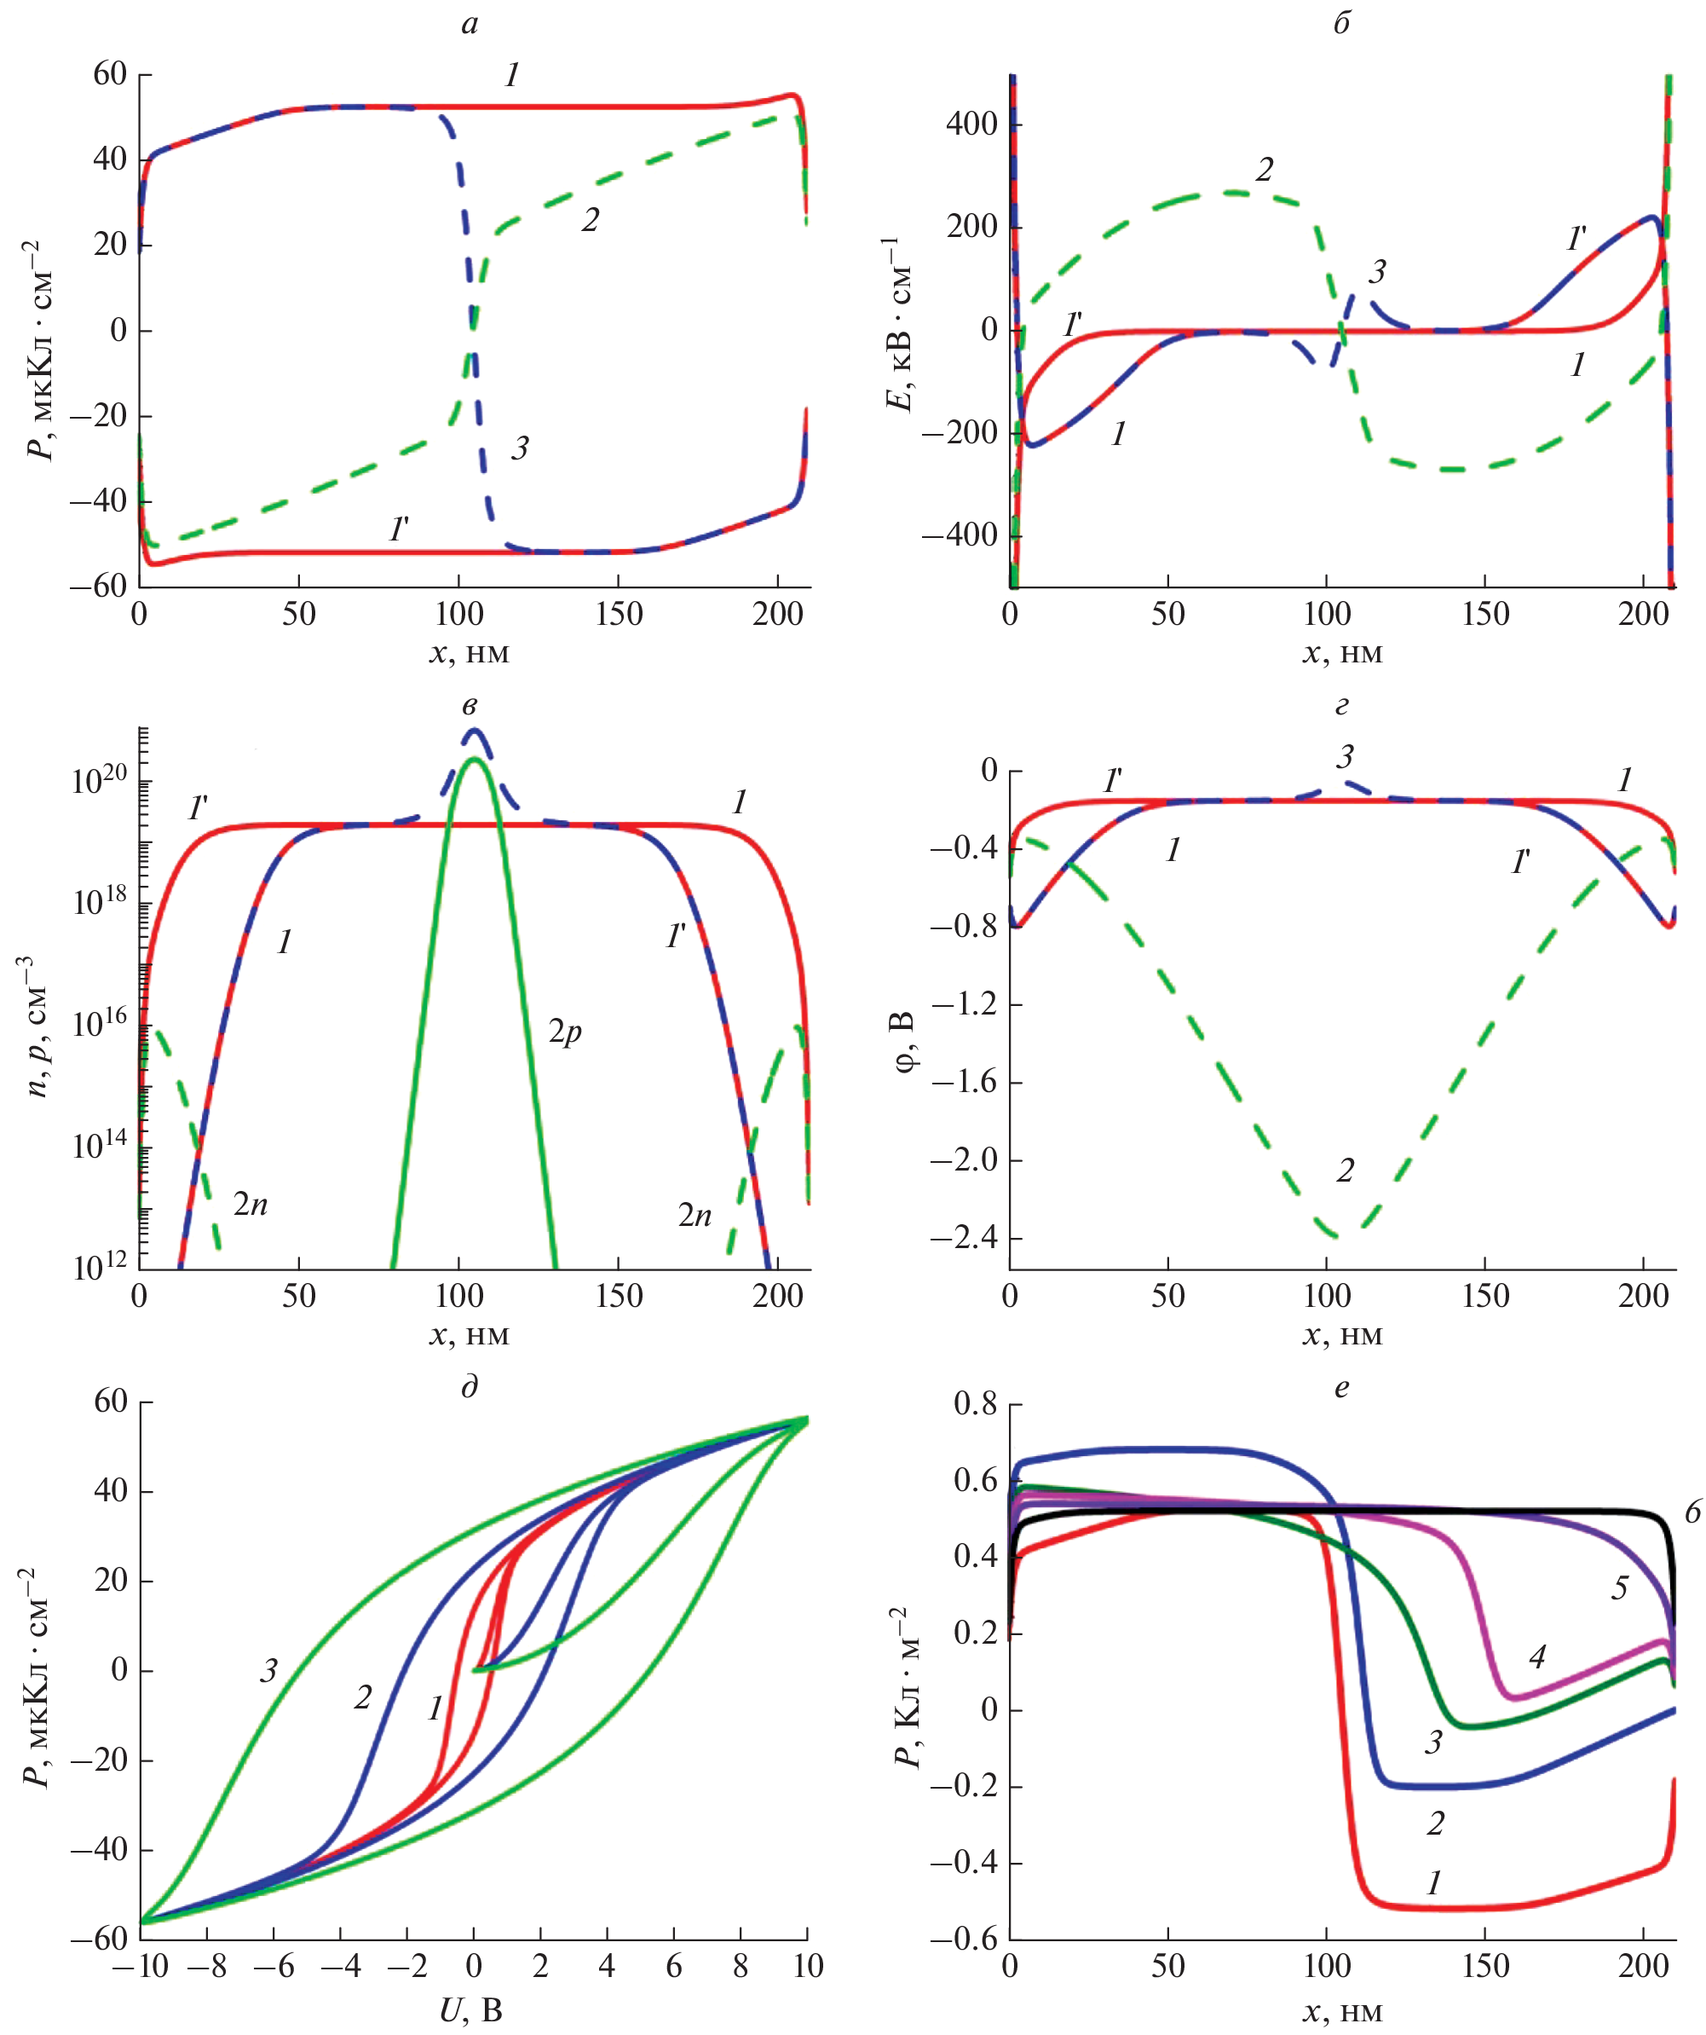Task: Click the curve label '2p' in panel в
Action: click(x=565, y=1032)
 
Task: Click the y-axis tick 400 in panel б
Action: click(x=971, y=123)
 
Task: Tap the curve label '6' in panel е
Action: click(x=1692, y=1512)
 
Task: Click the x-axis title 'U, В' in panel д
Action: click(x=471, y=2011)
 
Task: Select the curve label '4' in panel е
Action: click(x=1537, y=1656)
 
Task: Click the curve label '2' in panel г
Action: click(x=1346, y=1171)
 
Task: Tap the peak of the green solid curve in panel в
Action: click(x=474, y=759)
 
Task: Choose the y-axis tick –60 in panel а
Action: click(x=98, y=586)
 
